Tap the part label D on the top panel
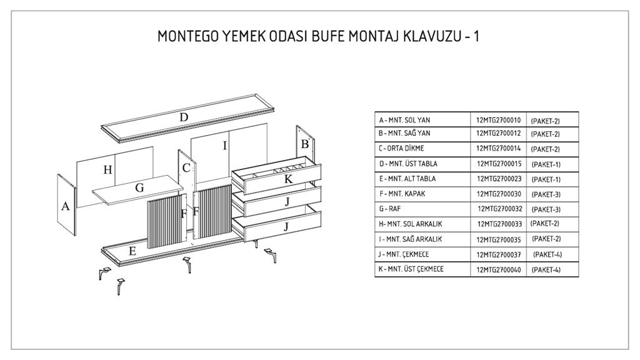pyautogui.click(x=184, y=117)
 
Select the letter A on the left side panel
pyautogui.click(x=65, y=206)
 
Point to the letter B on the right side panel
pyautogui.click(x=305, y=144)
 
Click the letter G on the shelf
pyautogui.click(x=139, y=187)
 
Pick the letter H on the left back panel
pyautogui.click(x=107, y=169)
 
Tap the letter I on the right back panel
pyautogui.click(x=225, y=146)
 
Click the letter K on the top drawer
pyautogui.click(x=288, y=179)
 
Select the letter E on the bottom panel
pyautogui.click(x=132, y=251)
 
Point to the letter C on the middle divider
pyautogui.click(x=186, y=168)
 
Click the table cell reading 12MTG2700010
pyautogui.click(x=498, y=119)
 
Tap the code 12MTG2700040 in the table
pyautogui.click(x=498, y=269)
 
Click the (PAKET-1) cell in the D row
pyautogui.click(x=546, y=164)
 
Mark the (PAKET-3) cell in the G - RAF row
pyautogui.click(x=546, y=209)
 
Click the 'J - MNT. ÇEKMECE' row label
pyautogui.click(x=404, y=254)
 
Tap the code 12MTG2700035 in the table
pyautogui.click(x=498, y=239)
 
